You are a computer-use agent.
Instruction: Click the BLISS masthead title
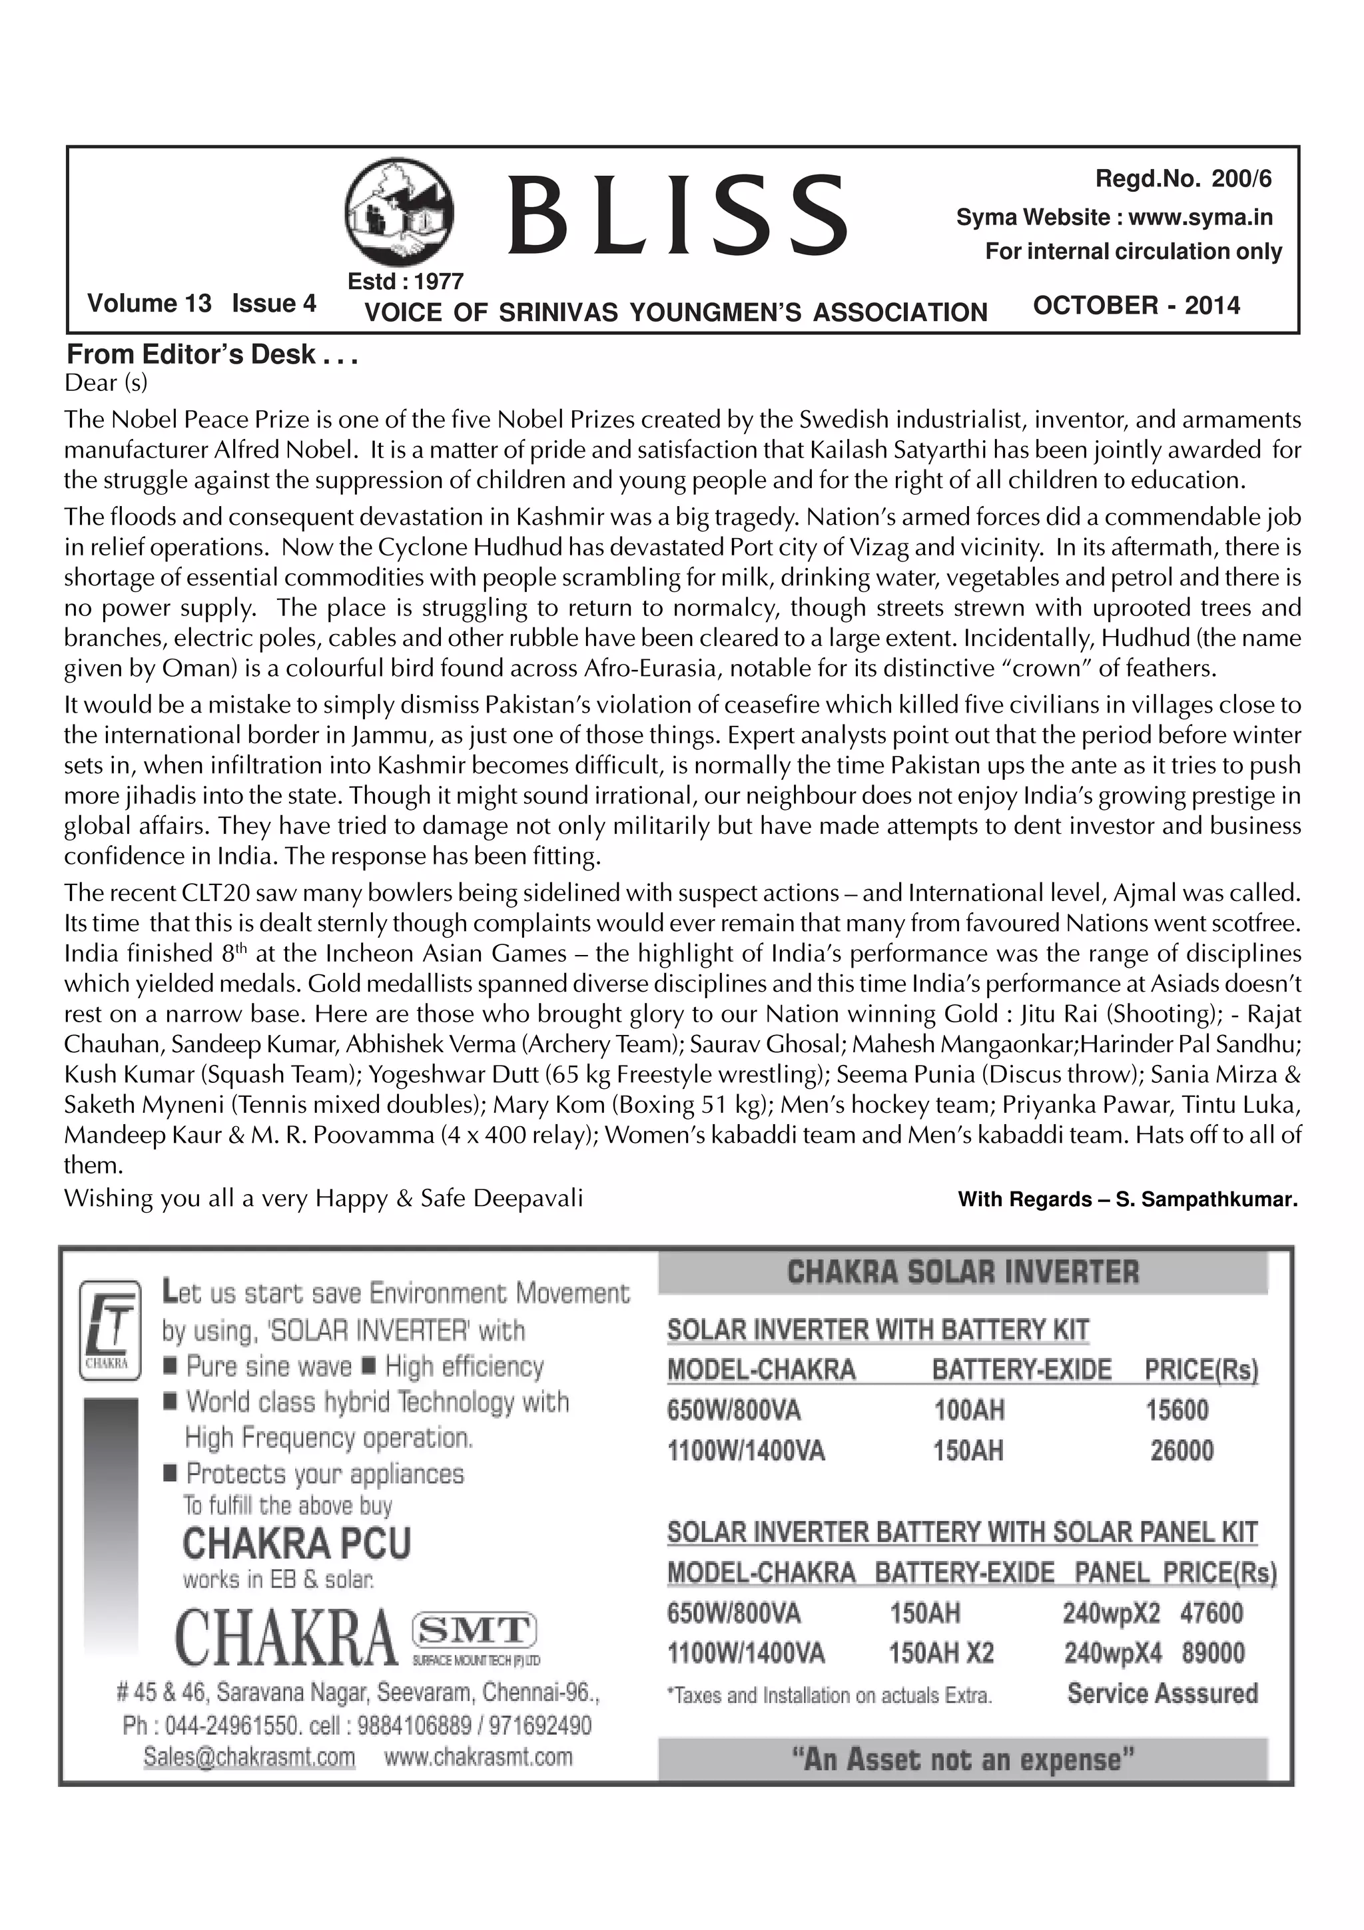click(x=677, y=215)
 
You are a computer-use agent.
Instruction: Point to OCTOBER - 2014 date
click(x=1136, y=305)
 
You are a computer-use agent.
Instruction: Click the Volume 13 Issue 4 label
click(x=202, y=304)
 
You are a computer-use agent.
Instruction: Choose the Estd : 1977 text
click(x=405, y=281)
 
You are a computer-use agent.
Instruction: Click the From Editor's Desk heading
click(x=212, y=355)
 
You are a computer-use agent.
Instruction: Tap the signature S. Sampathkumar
click(x=1206, y=1200)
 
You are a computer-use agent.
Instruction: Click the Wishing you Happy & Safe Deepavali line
click(x=324, y=1198)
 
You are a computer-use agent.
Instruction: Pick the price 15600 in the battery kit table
click(x=1177, y=1410)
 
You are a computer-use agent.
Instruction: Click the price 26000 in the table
click(x=1181, y=1451)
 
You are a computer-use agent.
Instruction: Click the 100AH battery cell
click(x=968, y=1410)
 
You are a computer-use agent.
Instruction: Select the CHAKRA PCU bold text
click(x=296, y=1544)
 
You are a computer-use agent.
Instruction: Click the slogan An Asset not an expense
click(x=962, y=1760)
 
